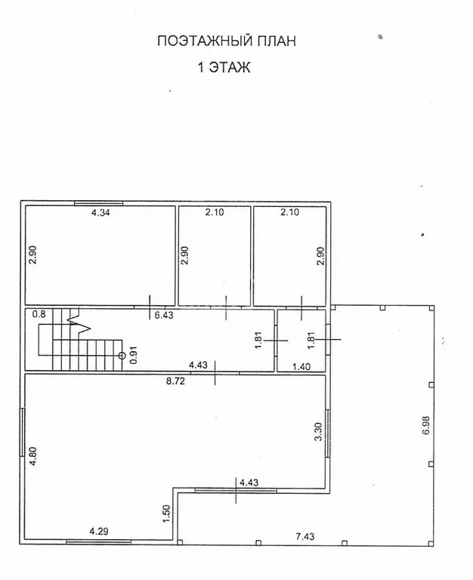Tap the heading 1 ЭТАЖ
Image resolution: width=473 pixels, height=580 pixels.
click(x=224, y=68)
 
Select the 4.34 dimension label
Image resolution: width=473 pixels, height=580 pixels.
click(x=100, y=214)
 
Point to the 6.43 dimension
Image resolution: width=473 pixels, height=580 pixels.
click(x=165, y=316)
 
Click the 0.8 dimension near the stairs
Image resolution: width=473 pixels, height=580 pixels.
click(x=39, y=314)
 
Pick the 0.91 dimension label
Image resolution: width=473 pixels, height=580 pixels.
click(x=134, y=355)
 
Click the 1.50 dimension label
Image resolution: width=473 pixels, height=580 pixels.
click(x=166, y=513)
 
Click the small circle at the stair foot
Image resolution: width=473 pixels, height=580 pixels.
click(x=122, y=354)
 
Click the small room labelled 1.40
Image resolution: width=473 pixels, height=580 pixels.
click(x=301, y=341)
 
